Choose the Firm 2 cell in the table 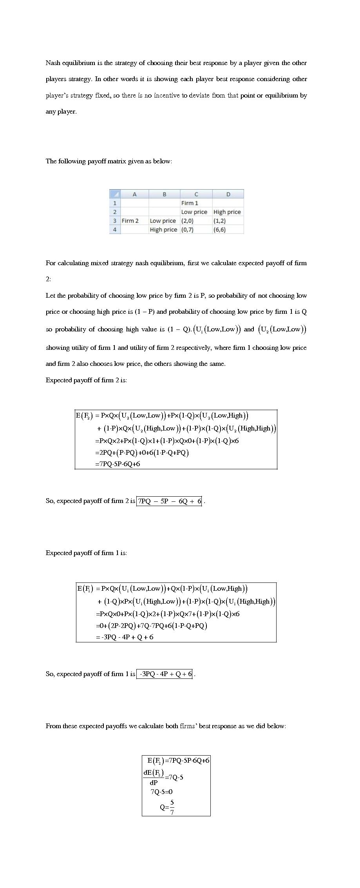point(130,221)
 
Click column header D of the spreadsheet point(228,194)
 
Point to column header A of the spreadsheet point(134,194)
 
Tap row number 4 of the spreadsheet point(115,230)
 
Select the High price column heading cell point(227,212)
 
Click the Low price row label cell point(163,221)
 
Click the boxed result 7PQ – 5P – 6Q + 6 point(169,501)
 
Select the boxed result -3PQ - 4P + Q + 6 point(165,674)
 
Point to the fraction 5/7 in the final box point(172,807)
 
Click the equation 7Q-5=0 point(161,792)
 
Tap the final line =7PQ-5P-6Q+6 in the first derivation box point(118,464)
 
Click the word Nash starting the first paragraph point(53,63)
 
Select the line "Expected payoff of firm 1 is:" point(86,553)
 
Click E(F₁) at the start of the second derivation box point(85,588)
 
